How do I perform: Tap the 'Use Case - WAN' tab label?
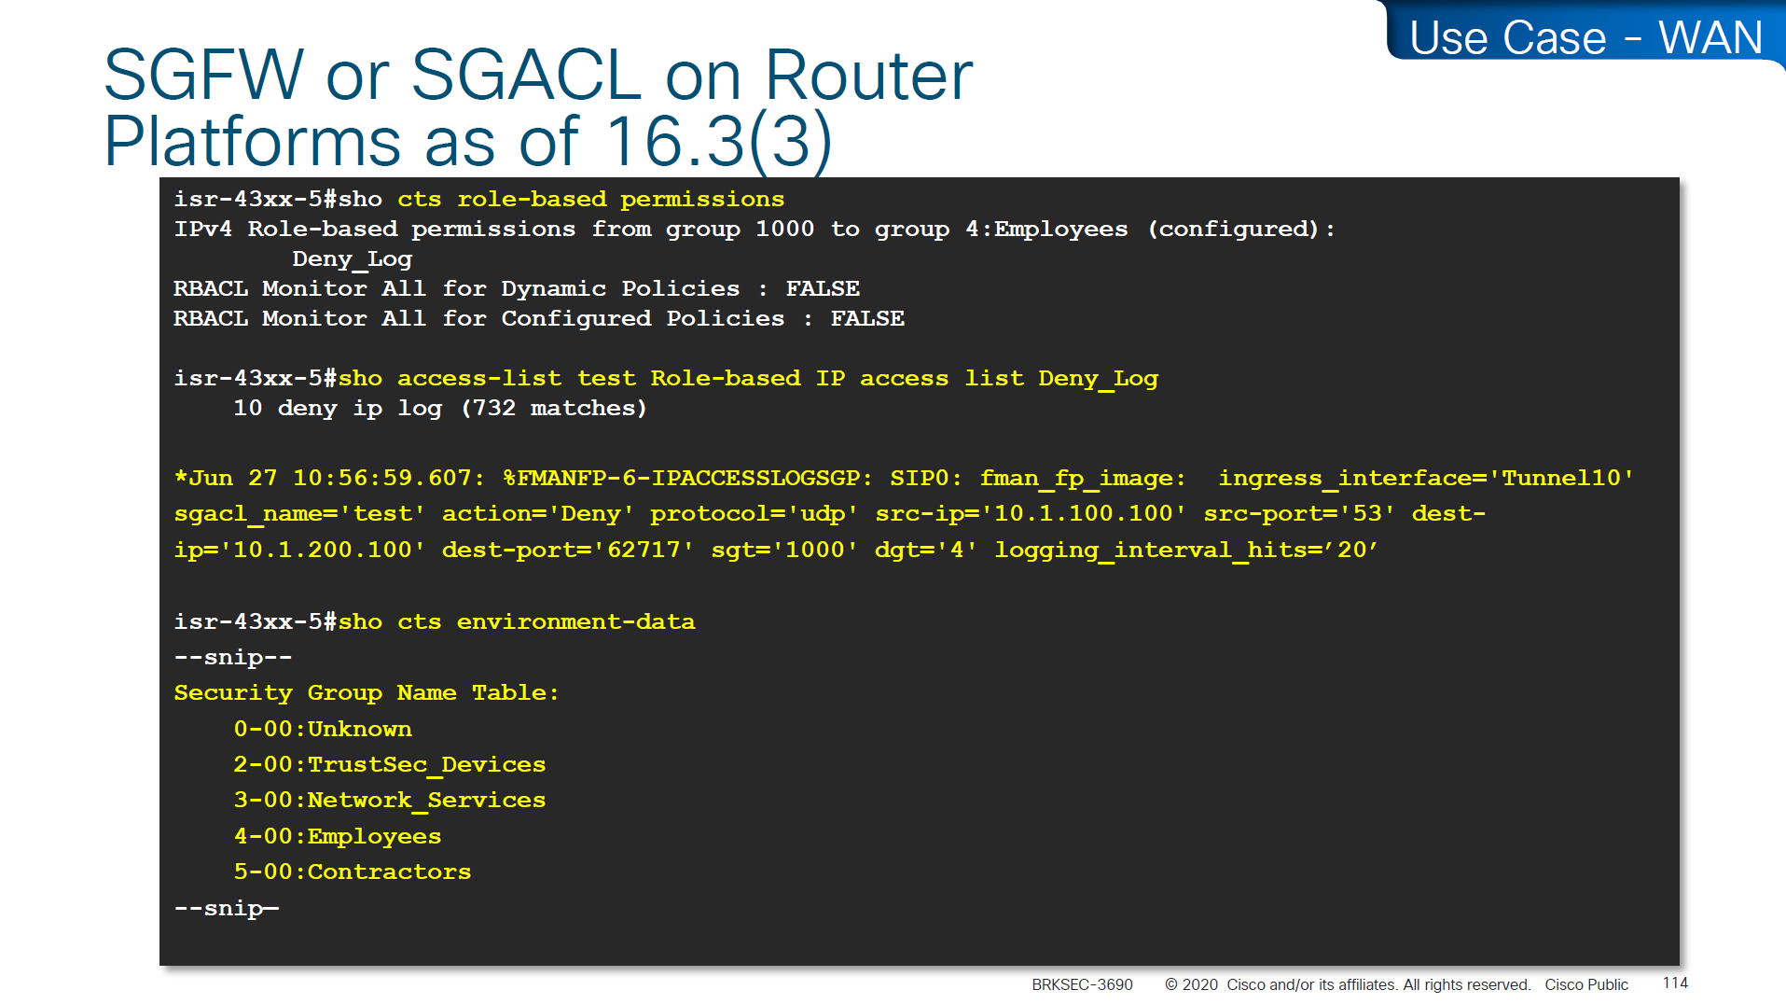(x=1585, y=38)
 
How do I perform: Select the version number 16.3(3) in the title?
(x=718, y=142)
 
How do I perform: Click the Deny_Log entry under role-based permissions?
(x=352, y=259)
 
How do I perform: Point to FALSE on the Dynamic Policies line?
(x=823, y=288)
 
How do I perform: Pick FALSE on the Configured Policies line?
(x=867, y=318)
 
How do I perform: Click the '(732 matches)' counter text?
(x=554, y=409)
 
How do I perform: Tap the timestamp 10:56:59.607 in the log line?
(x=389, y=478)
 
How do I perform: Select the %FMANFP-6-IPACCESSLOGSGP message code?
(x=688, y=478)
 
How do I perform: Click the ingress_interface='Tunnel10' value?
(x=1426, y=479)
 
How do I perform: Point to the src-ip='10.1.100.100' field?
(x=1031, y=513)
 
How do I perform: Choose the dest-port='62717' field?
(x=568, y=551)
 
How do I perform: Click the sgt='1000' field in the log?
(x=784, y=551)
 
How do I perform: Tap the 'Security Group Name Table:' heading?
(x=367, y=693)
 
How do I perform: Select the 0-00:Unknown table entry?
(x=323, y=729)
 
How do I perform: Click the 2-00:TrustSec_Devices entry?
(x=390, y=765)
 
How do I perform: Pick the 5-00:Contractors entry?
(x=353, y=872)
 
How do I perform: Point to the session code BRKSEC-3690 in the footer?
(x=1082, y=984)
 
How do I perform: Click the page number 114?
(x=1675, y=983)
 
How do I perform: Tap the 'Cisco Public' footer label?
(x=1586, y=984)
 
